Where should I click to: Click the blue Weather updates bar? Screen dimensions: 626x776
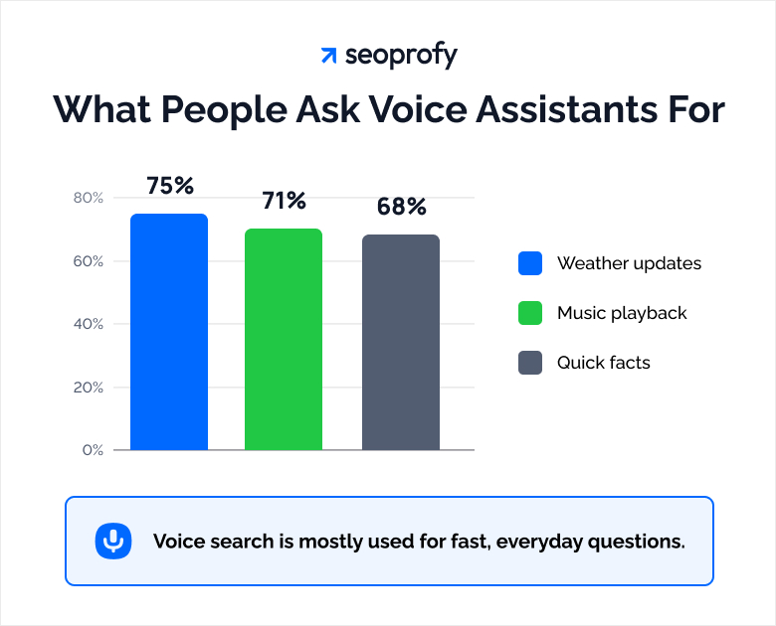point(169,332)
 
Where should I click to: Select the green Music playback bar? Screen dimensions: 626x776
point(284,339)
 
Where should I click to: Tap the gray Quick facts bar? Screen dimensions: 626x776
point(400,342)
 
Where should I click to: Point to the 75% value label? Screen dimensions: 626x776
point(169,186)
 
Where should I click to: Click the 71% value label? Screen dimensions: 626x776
point(284,201)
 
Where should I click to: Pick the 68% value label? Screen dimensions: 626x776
point(401,207)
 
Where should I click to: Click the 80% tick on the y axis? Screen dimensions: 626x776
point(89,198)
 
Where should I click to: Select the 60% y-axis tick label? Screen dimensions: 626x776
point(89,261)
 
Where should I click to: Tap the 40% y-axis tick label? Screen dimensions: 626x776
point(89,324)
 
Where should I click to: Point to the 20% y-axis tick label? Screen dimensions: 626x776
point(89,387)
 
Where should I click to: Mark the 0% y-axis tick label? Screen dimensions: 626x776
point(93,450)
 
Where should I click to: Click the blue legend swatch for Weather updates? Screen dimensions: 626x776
point(530,263)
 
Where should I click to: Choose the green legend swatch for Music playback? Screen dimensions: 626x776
point(530,313)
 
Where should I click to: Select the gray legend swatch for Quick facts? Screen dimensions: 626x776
point(530,363)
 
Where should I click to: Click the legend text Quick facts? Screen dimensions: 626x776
point(603,363)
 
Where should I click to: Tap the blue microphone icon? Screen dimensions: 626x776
point(114,542)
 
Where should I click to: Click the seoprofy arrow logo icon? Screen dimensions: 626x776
point(328,56)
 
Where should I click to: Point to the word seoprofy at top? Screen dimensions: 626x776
point(401,56)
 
